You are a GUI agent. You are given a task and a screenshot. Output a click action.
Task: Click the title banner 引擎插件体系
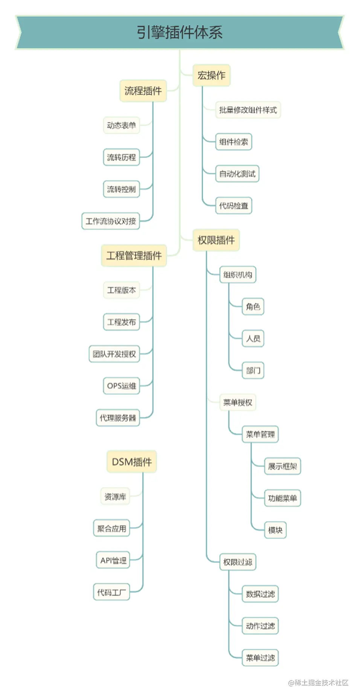tap(180, 32)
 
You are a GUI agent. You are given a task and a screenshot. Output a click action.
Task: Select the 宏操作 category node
tap(211, 75)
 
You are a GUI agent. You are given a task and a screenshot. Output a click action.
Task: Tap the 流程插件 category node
tap(143, 91)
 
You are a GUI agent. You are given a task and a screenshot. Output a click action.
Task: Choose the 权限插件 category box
tap(216, 240)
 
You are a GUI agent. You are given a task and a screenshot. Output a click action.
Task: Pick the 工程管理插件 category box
tap(134, 256)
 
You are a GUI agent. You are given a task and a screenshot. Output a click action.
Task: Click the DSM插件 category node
tap(132, 462)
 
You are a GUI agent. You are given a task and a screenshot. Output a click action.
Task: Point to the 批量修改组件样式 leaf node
tap(248, 110)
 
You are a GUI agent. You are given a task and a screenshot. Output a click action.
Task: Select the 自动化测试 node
tap(237, 174)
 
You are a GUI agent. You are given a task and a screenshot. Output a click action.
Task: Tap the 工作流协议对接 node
tap(111, 221)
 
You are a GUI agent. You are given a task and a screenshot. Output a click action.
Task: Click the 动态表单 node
tap(121, 125)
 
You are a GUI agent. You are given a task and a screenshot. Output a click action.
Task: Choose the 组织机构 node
tap(238, 274)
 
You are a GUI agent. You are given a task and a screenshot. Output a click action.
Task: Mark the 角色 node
tap(253, 306)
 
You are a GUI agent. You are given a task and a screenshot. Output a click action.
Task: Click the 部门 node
tap(253, 370)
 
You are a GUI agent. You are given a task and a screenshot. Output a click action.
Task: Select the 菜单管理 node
tap(260, 434)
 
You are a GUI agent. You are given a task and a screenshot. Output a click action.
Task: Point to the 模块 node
tap(275, 530)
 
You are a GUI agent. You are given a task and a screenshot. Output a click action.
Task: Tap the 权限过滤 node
tap(238, 562)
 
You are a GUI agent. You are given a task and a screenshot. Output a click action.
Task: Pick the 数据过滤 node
tap(260, 594)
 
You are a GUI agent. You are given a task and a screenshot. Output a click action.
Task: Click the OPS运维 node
tap(121, 386)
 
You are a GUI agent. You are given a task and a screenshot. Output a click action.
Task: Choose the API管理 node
tap(113, 560)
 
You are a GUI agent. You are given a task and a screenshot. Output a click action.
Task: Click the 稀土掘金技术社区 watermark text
tap(319, 683)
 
